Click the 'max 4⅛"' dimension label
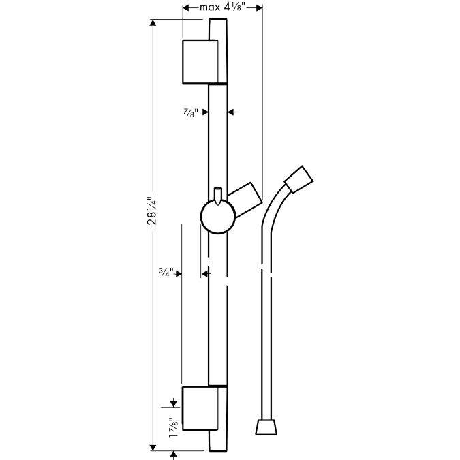222,7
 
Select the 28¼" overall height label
152,211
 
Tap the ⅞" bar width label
191,112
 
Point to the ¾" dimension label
167,272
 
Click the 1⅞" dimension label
173,427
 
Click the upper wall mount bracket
200,61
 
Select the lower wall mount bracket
200,408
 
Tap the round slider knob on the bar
218,217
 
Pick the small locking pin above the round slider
218,196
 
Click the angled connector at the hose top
299,179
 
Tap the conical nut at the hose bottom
266,427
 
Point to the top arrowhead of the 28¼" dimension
153,22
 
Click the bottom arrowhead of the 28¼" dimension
153,448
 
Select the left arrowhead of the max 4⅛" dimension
186,8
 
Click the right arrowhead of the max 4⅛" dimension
259,8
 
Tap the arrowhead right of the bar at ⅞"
231,112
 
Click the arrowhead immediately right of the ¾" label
179,274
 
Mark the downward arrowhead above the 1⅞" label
173,404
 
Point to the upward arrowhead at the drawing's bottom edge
173,455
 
